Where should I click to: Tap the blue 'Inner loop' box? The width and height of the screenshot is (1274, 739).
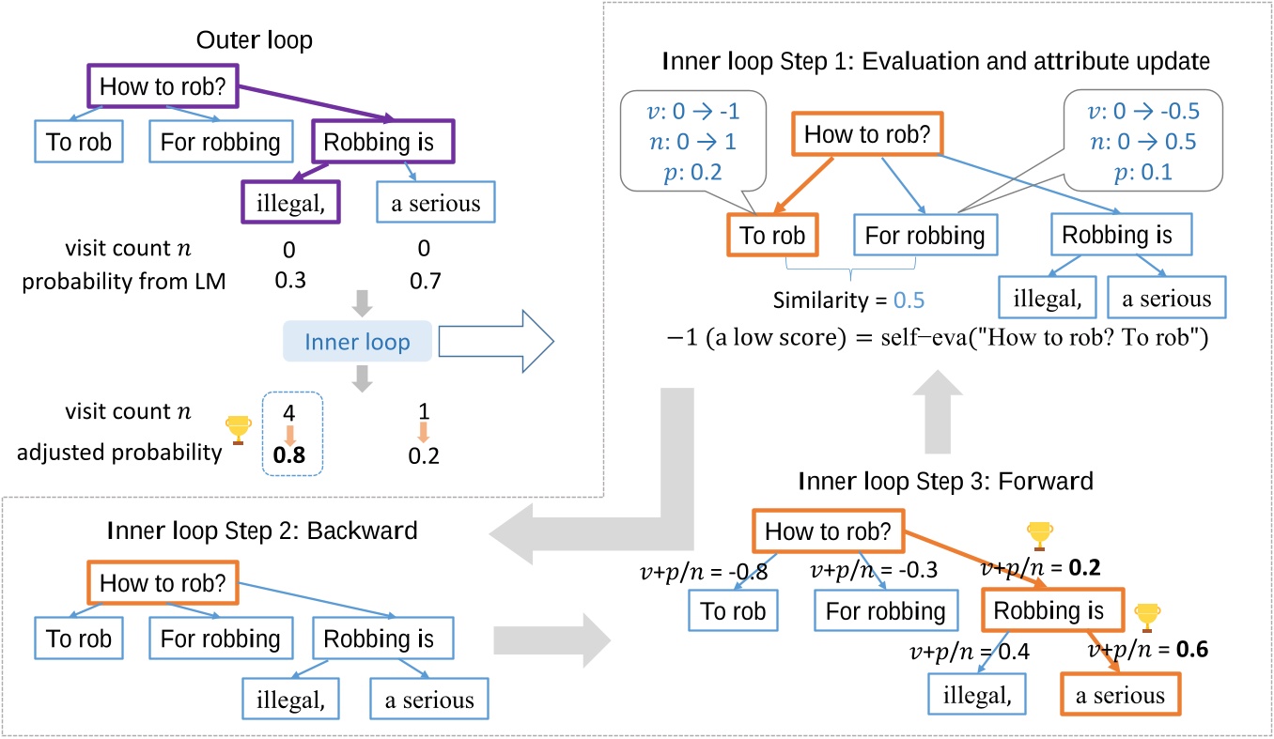[x=357, y=342]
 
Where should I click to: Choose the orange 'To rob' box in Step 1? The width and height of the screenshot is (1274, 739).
[x=772, y=236]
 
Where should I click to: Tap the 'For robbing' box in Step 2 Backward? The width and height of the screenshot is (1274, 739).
[x=220, y=639]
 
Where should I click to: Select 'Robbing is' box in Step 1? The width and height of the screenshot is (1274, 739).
[x=1117, y=236]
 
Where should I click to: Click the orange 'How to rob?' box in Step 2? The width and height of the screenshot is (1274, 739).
[x=162, y=582]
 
